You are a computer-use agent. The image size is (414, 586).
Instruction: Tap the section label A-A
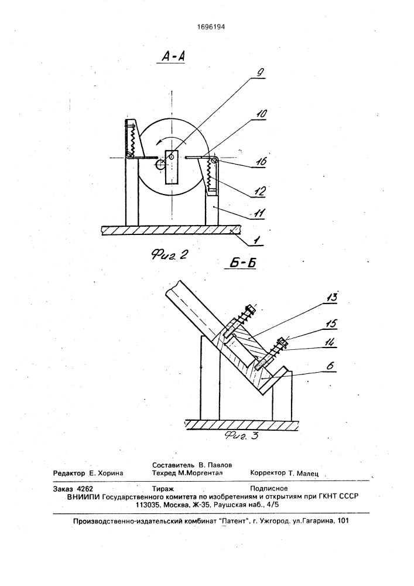pyautogui.click(x=173, y=56)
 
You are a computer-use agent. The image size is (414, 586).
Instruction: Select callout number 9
pyautogui.click(x=259, y=71)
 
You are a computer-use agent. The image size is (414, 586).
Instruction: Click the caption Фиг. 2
pyautogui.click(x=169, y=255)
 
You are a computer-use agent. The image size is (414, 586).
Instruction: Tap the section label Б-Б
pyautogui.click(x=242, y=263)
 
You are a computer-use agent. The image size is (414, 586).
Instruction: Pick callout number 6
pyautogui.click(x=330, y=366)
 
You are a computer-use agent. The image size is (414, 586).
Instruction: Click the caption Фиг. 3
pyautogui.click(x=241, y=436)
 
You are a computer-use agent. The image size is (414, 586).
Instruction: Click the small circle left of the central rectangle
pyautogui.click(x=160, y=165)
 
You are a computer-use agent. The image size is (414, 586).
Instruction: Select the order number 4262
pyautogui.click(x=84, y=489)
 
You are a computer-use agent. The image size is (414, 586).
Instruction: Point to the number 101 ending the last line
pyautogui.click(x=343, y=520)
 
